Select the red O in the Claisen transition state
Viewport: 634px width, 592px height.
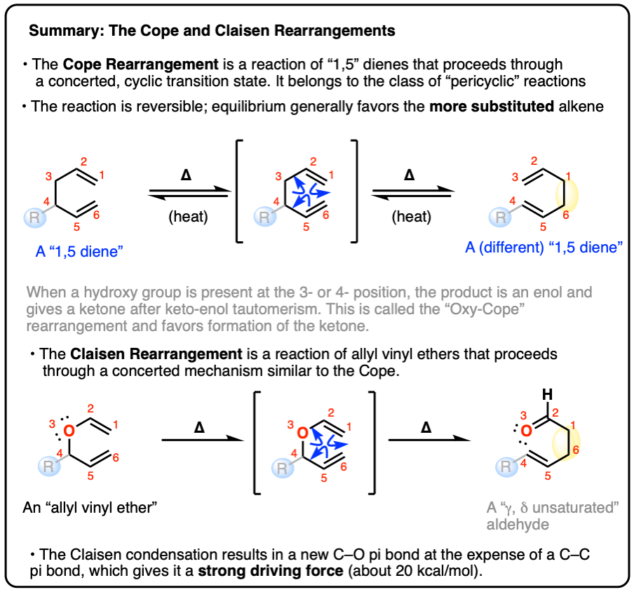[301, 433]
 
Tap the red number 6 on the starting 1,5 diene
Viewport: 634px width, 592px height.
[97, 215]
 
